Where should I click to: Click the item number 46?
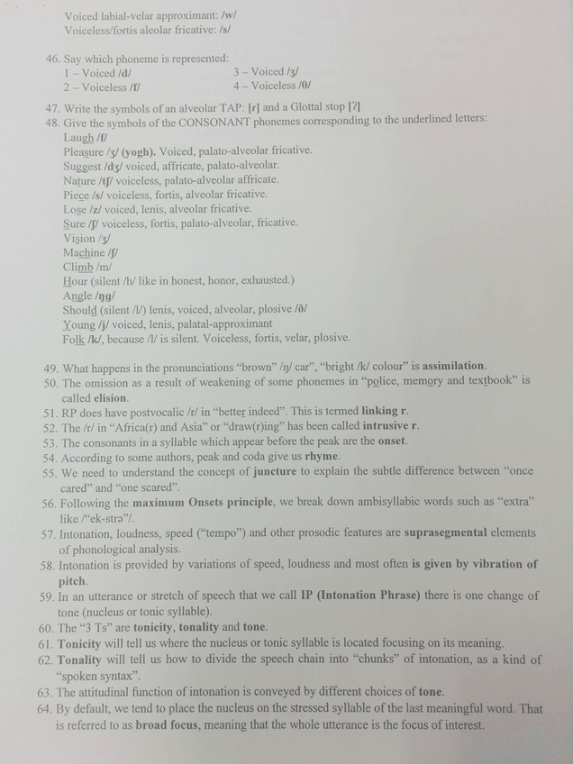pos(51,59)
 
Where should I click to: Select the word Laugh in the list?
pos(78,137)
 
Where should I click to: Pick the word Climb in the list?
pos(77,267)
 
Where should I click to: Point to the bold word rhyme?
pos(323,457)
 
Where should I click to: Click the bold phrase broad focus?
pos(170,725)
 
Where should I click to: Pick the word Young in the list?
pos(79,324)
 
